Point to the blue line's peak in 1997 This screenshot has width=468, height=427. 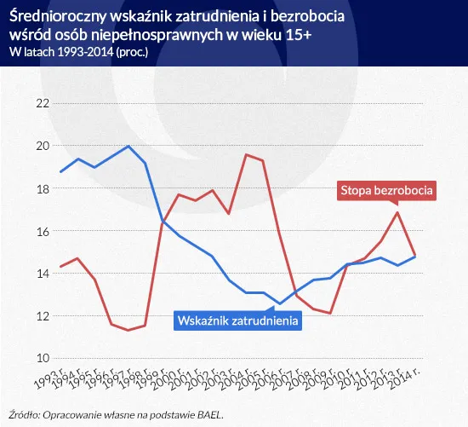pyautogui.click(x=128, y=147)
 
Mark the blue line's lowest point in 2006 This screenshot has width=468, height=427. pyautogui.click(x=279, y=303)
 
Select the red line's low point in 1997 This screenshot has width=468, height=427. pyautogui.click(x=128, y=330)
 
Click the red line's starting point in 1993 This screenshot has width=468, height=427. pyautogui.click(x=60, y=267)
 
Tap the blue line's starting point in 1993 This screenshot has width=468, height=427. pyautogui.click(x=60, y=172)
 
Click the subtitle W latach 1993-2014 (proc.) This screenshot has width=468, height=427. pyautogui.click(x=82, y=52)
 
